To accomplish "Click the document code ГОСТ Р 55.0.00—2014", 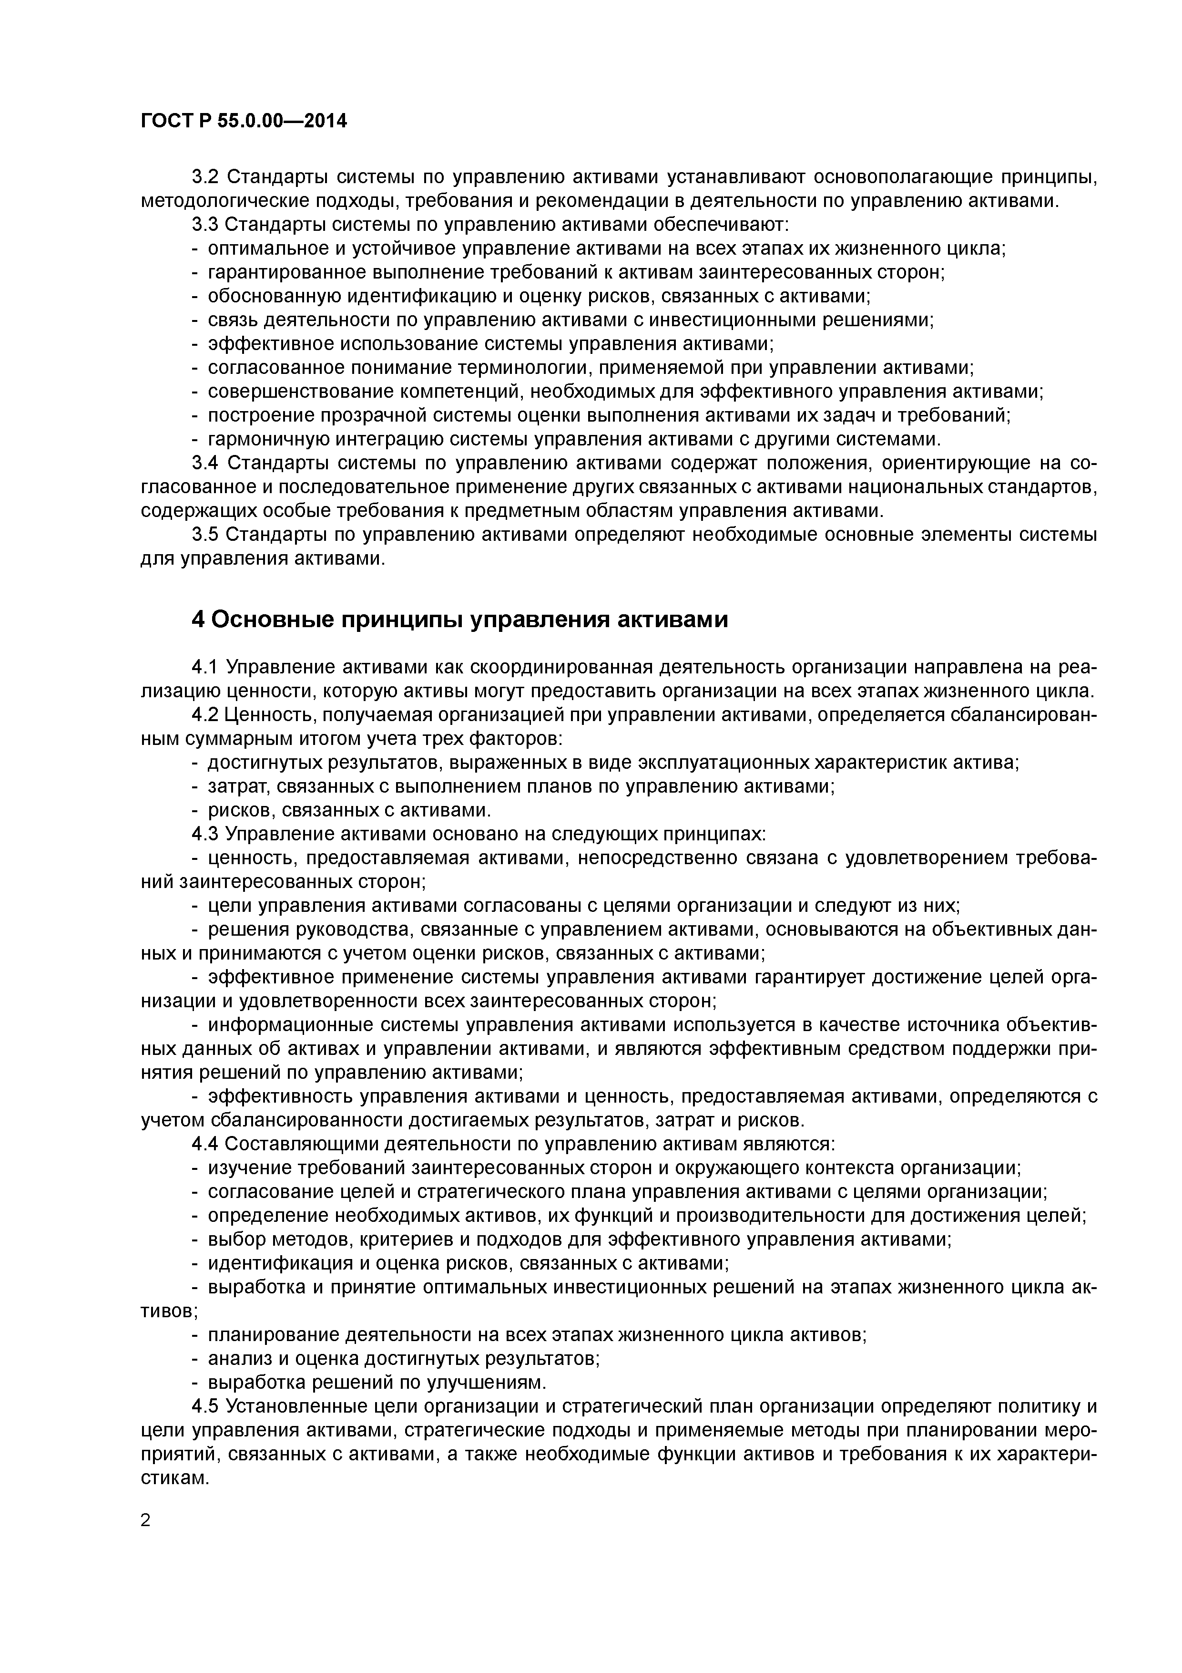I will [x=243, y=121].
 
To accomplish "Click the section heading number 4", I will [x=199, y=620].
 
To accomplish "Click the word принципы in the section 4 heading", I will [x=398, y=620].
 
